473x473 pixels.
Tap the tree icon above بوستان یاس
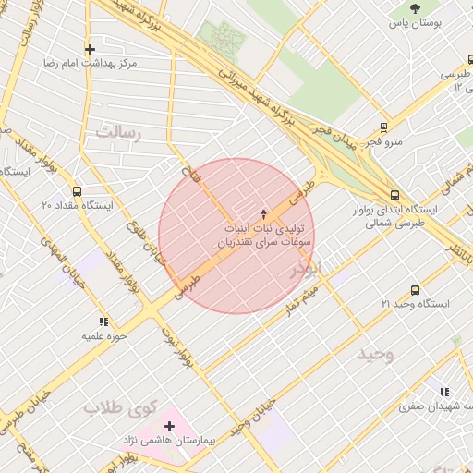point(414,8)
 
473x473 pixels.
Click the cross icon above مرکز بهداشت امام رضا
point(90,49)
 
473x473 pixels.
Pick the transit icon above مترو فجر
point(383,127)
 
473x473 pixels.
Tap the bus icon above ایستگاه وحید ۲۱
point(414,290)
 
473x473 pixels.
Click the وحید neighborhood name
point(376,355)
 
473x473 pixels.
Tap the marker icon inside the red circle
point(264,212)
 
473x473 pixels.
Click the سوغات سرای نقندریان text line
point(263,240)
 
